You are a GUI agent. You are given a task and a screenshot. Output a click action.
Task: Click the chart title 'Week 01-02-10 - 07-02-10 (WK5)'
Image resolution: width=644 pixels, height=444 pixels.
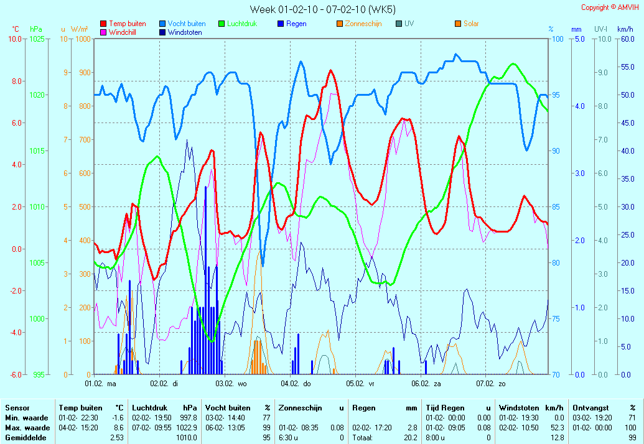322,9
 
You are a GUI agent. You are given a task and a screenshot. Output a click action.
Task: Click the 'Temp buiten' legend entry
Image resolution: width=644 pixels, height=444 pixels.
123,24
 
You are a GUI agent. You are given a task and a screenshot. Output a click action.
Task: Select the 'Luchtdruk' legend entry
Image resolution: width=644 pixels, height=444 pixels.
238,24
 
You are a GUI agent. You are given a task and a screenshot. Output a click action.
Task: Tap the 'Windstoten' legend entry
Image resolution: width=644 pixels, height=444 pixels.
180,32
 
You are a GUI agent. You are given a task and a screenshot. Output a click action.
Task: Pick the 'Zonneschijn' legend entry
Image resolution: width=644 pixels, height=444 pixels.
360,24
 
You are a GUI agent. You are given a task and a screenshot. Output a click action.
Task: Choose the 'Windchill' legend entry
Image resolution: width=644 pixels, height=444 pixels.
118,32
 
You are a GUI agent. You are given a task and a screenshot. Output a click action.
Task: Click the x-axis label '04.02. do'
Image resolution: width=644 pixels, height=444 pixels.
296,384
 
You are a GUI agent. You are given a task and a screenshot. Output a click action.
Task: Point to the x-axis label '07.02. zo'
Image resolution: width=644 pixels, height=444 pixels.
491,384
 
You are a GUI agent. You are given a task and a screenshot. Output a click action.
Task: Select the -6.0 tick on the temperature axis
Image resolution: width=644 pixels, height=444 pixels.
15,374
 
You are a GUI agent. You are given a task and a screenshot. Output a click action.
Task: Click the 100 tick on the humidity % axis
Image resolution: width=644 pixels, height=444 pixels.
558,39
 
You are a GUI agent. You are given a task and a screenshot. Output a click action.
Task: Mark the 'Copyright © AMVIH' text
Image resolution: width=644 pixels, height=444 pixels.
610,7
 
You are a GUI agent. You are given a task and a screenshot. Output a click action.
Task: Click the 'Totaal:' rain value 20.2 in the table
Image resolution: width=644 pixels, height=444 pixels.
410,438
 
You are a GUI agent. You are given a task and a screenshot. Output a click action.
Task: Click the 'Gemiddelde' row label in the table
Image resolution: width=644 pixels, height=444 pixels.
25,438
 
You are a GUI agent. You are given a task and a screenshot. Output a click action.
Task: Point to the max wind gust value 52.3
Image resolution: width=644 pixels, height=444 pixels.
557,428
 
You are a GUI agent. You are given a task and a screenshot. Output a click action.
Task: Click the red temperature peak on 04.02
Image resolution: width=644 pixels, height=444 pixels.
330,71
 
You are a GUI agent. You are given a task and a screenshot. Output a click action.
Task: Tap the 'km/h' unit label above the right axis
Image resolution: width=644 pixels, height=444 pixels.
625,29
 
